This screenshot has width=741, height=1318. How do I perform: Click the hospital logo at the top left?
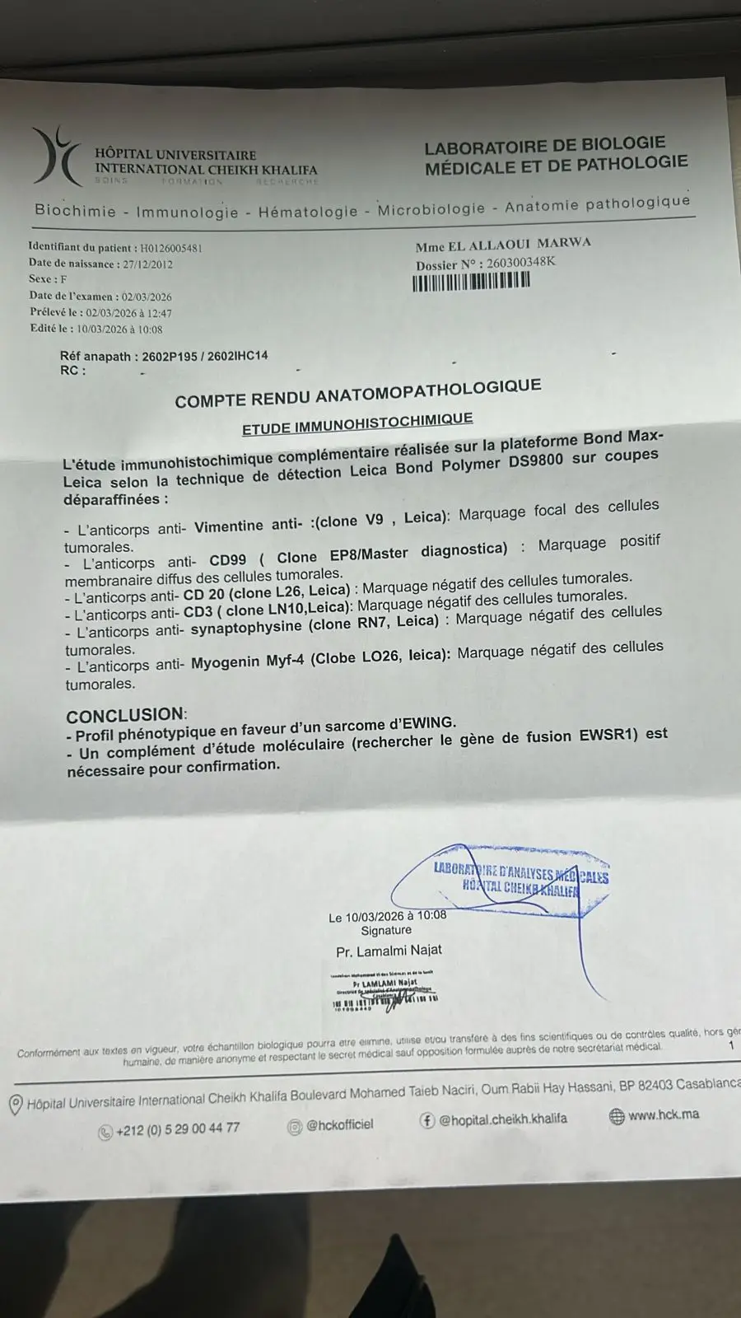[x=56, y=156]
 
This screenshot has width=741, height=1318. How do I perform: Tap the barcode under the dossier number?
[x=470, y=282]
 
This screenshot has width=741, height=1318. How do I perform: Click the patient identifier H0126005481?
[x=171, y=248]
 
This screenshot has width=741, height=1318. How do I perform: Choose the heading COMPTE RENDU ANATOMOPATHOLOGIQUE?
[x=357, y=394]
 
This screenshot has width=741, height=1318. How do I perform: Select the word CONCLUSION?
[x=125, y=715]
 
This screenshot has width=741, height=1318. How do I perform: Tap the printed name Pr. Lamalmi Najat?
[x=389, y=951]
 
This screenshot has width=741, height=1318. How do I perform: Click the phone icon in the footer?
[x=105, y=1133]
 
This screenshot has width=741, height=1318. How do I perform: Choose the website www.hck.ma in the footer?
[x=664, y=1115]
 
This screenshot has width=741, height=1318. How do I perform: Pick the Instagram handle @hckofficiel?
[x=339, y=1124]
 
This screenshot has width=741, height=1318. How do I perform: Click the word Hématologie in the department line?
[x=308, y=212]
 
